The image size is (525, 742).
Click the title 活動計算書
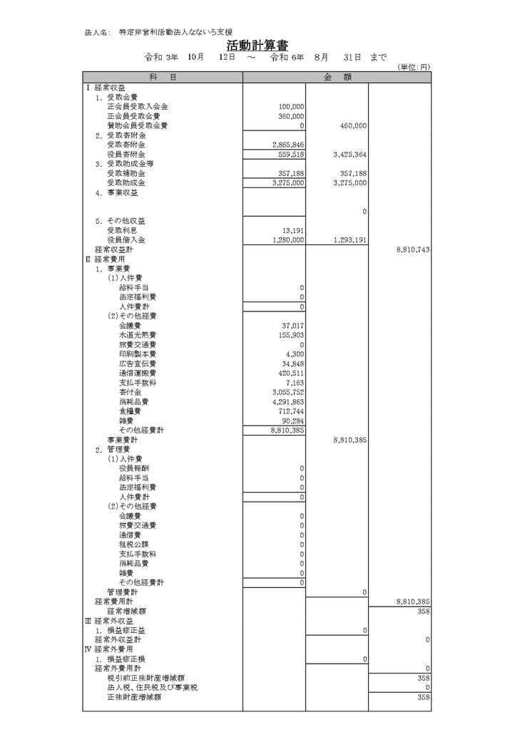click(x=262, y=46)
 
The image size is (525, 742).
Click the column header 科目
click(x=163, y=77)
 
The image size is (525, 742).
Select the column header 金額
click(x=337, y=77)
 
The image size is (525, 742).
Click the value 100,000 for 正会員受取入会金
click(x=292, y=106)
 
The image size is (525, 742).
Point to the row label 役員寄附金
click(x=126, y=154)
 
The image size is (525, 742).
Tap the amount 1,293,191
click(x=350, y=240)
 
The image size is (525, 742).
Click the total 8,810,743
click(x=412, y=250)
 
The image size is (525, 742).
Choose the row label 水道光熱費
click(x=138, y=335)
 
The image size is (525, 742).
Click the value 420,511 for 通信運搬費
click(x=290, y=373)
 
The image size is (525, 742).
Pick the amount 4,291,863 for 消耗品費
click(x=289, y=402)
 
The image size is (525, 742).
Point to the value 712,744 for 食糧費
click(x=292, y=411)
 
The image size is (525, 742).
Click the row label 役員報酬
click(x=134, y=469)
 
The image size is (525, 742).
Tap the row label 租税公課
click(x=134, y=544)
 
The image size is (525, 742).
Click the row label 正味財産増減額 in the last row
click(x=133, y=698)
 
